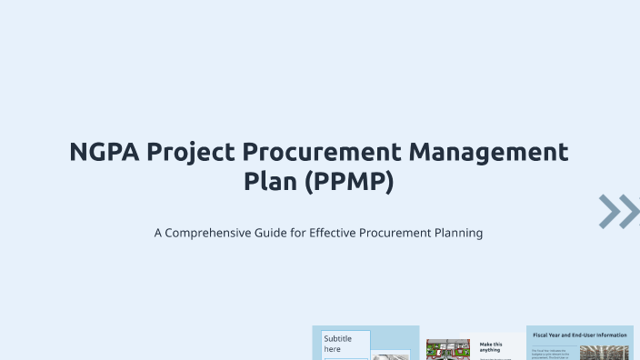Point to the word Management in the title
point(491,152)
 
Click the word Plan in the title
point(271,182)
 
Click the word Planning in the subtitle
point(455,233)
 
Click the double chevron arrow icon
point(619,211)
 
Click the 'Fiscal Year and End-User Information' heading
point(580,335)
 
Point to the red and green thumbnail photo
point(447,350)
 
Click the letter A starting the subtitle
point(158,233)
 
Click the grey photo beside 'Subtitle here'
point(392,355)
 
